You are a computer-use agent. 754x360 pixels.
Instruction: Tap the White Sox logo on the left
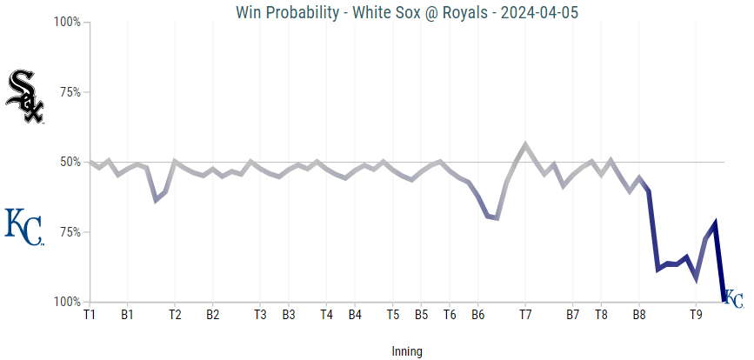tap(24, 97)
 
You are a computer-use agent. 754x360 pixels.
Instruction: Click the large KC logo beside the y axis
tap(23, 226)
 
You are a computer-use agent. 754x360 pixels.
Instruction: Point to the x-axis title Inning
tap(406, 351)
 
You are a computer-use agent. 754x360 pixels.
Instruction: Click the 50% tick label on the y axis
tap(70, 162)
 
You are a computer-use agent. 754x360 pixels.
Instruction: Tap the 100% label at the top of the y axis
tap(67, 22)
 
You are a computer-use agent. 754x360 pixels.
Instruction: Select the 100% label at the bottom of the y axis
tap(67, 303)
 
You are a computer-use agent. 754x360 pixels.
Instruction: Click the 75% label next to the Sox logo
tap(70, 92)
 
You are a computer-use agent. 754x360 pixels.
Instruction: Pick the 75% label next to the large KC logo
tap(70, 232)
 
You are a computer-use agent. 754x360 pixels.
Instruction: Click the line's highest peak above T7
tap(525, 144)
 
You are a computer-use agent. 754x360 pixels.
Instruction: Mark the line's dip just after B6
tap(496, 217)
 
